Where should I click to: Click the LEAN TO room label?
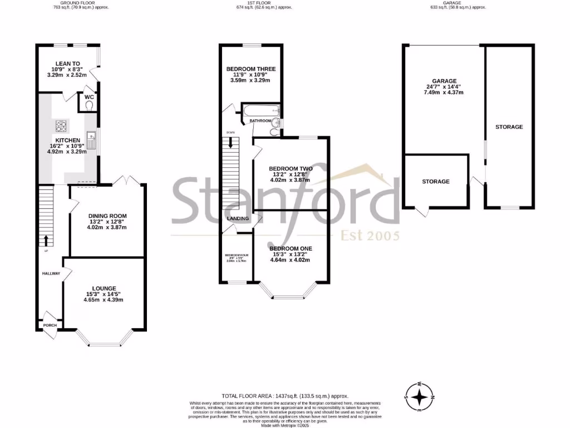tap(65, 64)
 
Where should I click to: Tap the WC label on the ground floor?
tap(89, 98)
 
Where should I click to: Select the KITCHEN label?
tap(67, 140)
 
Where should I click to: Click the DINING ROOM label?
tap(107, 216)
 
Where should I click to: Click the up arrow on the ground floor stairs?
tap(45, 240)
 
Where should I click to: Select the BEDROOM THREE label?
tap(250, 70)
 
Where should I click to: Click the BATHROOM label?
tap(260, 121)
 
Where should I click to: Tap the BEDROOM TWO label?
tap(291, 168)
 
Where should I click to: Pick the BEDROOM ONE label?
tap(291, 249)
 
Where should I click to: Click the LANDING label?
tap(238, 218)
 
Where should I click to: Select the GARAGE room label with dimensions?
tap(444, 81)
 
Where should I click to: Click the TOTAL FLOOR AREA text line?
tap(284, 395)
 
